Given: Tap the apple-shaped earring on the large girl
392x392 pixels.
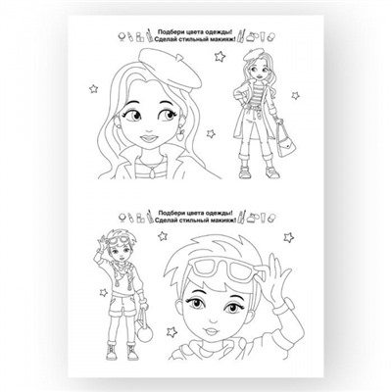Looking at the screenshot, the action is click(180, 134).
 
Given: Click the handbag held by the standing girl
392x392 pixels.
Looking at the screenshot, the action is click(285, 141).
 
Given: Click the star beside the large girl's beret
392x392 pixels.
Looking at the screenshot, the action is click(220, 56).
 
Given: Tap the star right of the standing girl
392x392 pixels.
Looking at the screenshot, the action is click(295, 95).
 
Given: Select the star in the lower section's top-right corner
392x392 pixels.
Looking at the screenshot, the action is click(288, 237).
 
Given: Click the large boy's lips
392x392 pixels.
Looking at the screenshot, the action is click(212, 330).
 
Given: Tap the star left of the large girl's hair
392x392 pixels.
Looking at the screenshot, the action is click(94, 88).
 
